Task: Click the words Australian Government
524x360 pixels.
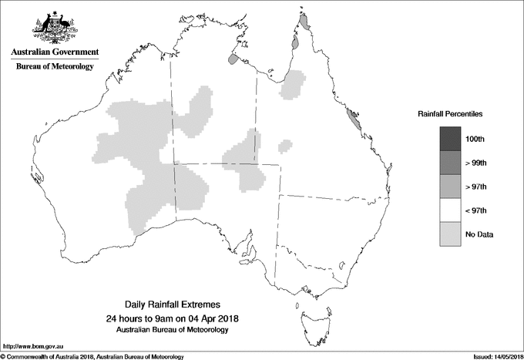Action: (54, 52)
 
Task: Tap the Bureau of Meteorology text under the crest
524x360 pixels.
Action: (55, 67)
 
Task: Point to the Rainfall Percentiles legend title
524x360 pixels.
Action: (450, 114)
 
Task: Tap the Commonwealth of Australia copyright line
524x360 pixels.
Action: (92, 355)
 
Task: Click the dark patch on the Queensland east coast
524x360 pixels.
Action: (353, 119)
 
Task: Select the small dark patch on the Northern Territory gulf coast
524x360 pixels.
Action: (233, 59)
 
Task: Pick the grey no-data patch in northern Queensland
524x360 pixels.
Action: (293, 85)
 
